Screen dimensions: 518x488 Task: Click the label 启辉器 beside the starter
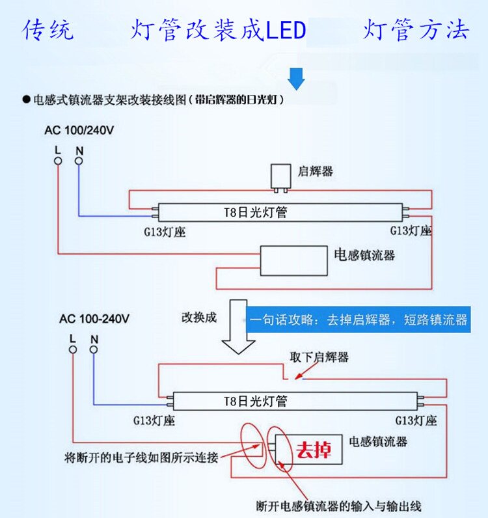316,171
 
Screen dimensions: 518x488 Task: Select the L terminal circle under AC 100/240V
58,161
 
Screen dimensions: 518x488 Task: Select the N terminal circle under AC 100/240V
79,161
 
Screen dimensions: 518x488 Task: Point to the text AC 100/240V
79,129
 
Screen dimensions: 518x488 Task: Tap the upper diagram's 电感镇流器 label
364,254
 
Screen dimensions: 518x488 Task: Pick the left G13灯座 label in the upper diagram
165,231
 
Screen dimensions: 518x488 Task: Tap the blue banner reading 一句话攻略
359,320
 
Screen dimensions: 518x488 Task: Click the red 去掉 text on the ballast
314,450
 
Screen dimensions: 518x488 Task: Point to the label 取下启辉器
319,357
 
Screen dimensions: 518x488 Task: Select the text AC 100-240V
94,319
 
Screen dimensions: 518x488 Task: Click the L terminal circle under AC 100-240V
73,349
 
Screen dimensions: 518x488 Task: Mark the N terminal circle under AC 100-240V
94,349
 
